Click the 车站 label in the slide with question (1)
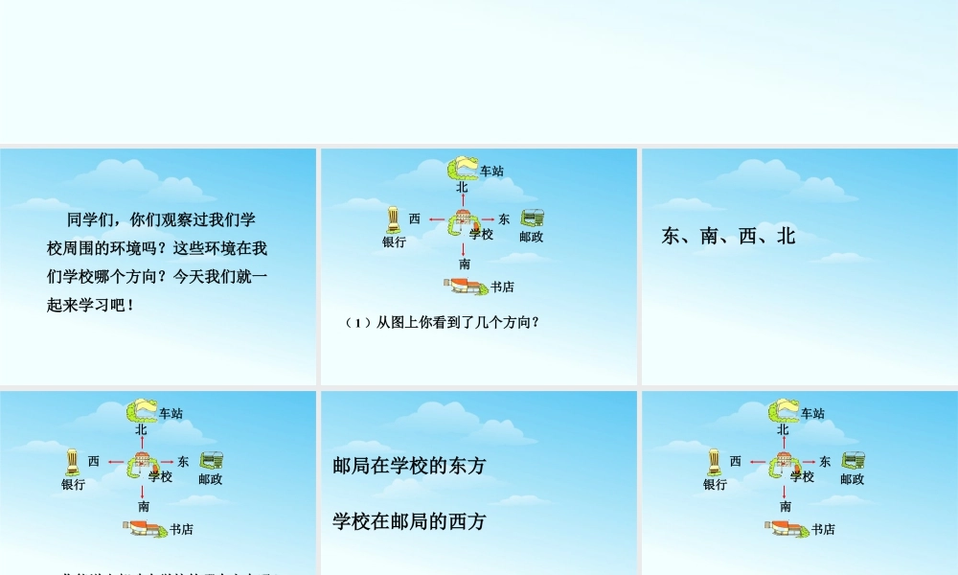pyautogui.click(x=491, y=172)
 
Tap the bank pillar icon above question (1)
pyautogui.click(x=393, y=220)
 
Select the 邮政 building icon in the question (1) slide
pyautogui.click(x=533, y=218)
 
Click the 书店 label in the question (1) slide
pyautogui.click(x=502, y=287)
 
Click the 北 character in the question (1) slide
pyautogui.click(x=462, y=188)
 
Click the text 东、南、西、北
pyautogui.click(x=728, y=236)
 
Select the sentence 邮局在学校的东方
pyautogui.click(x=409, y=465)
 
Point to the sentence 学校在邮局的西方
pyautogui.click(x=409, y=521)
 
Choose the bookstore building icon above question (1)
pyautogui.click(x=465, y=285)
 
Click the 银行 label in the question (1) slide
pyautogui.click(x=394, y=242)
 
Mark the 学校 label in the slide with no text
pyautogui.click(x=802, y=476)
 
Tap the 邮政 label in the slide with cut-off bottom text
pyautogui.click(x=210, y=479)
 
